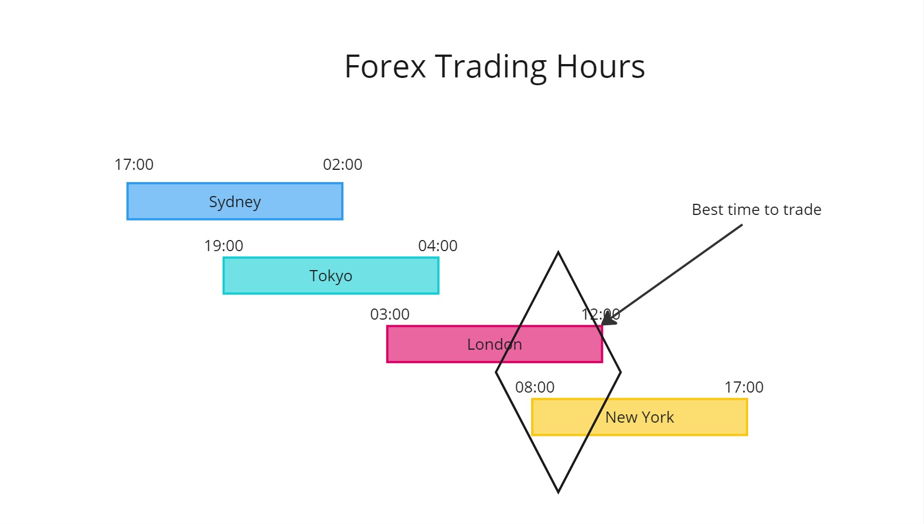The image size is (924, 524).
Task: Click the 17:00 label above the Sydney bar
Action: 134,164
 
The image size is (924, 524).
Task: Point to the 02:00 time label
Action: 342,164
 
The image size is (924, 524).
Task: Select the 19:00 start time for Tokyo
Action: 223,246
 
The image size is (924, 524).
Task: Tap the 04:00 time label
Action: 438,246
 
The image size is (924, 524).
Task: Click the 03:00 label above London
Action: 390,314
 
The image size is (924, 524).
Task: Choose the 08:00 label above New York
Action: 534,387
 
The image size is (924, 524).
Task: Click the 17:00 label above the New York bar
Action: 744,387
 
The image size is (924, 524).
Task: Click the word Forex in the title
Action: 385,66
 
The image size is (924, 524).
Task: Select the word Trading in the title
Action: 490,66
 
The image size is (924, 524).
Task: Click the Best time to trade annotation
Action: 756,209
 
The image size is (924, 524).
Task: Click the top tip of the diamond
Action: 558,253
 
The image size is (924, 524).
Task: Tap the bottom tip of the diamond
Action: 558,492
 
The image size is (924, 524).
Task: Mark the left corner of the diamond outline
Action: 497,372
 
